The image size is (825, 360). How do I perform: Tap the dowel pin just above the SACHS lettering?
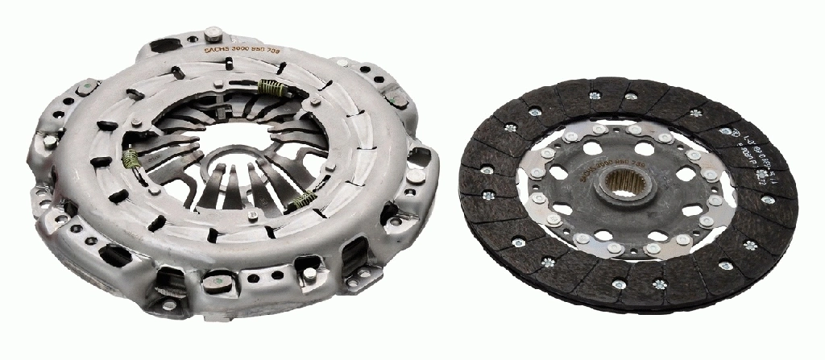(214, 33)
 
